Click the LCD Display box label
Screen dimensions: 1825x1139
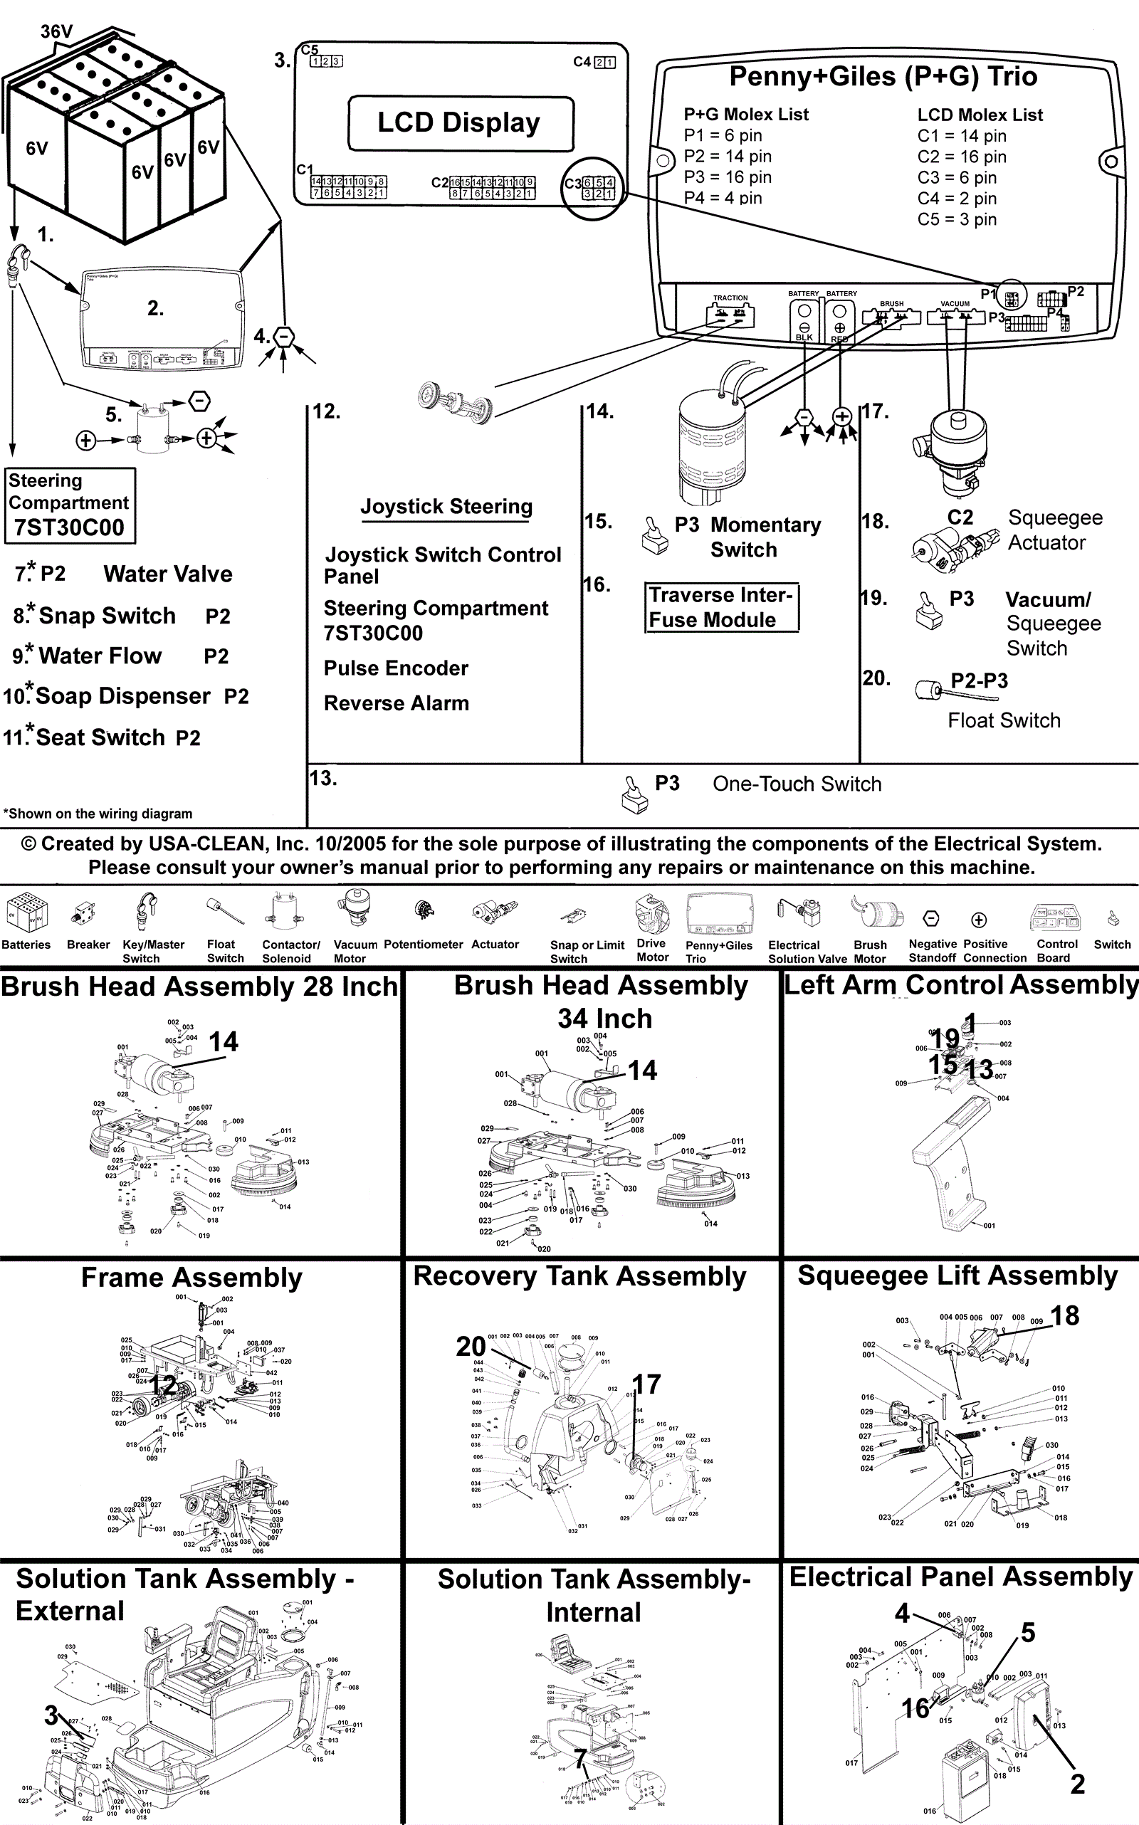(x=460, y=122)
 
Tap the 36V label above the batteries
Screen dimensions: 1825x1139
(x=56, y=31)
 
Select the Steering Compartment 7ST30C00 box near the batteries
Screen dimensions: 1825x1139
(x=70, y=505)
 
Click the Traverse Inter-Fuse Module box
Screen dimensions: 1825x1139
(x=721, y=607)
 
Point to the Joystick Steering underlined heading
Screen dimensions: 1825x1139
(x=446, y=507)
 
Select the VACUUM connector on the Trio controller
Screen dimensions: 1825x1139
(x=955, y=314)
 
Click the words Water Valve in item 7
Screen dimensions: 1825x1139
(x=168, y=574)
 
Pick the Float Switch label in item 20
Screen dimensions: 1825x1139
(x=1004, y=721)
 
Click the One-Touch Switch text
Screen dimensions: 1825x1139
(x=797, y=784)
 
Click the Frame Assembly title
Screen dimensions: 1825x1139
(x=191, y=1278)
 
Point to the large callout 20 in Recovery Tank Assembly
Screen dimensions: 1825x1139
(x=471, y=1346)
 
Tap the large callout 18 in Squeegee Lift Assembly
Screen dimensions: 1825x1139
(x=1064, y=1316)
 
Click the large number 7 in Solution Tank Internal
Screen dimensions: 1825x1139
(x=580, y=1759)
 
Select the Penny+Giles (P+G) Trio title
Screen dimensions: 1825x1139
(x=883, y=77)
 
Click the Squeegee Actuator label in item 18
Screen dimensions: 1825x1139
(x=1054, y=530)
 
